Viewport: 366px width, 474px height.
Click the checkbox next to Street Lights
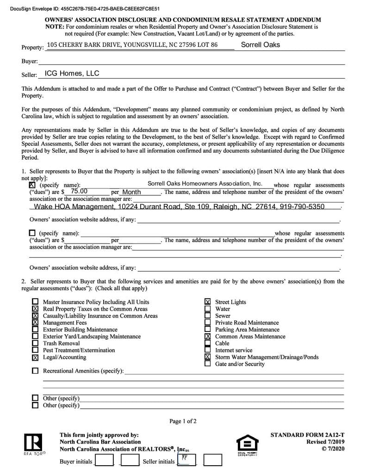click(208, 302)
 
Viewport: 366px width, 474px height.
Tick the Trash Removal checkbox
click(35, 343)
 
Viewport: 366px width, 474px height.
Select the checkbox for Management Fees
click(35, 323)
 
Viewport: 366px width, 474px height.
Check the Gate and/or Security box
click(208, 364)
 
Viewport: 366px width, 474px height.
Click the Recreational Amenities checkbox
click(35, 371)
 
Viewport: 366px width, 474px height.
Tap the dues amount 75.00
click(79, 191)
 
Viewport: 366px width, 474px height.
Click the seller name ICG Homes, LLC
click(72, 74)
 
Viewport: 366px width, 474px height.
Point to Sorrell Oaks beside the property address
click(260, 45)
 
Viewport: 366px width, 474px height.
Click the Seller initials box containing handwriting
click(186, 460)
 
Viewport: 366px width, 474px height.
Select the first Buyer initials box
click(104, 460)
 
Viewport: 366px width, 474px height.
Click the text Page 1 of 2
click(183, 421)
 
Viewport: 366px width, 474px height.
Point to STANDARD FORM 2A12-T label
click(307, 435)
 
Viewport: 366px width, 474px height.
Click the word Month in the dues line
click(131, 192)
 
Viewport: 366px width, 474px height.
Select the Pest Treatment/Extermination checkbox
click(35, 350)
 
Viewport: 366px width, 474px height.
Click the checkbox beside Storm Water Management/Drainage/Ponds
click(208, 357)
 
